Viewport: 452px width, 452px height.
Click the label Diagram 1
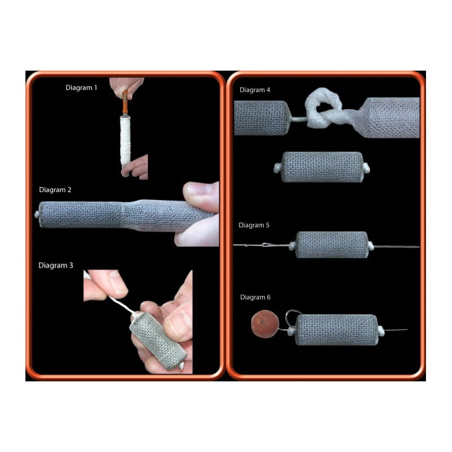[x=81, y=88]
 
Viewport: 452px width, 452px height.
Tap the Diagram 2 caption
[x=55, y=190]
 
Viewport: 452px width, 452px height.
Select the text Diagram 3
[x=55, y=265]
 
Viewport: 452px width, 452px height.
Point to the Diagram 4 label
[x=255, y=90]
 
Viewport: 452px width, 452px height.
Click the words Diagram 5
[x=254, y=225]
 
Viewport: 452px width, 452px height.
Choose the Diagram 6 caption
[x=255, y=297]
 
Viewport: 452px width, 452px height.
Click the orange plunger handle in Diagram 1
[x=125, y=103]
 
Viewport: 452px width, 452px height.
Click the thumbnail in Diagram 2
[x=198, y=190]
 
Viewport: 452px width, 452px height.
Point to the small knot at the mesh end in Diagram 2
[x=37, y=215]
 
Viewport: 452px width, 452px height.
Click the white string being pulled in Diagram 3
[x=120, y=304]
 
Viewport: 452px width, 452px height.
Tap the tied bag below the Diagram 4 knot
[x=322, y=167]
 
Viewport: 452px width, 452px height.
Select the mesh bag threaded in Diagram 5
[x=332, y=245]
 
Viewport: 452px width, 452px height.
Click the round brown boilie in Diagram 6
[x=265, y=324]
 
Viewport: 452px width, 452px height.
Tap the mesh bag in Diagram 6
[x=337, y=330]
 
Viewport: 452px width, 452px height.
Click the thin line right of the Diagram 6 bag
[x=396, y=330]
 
